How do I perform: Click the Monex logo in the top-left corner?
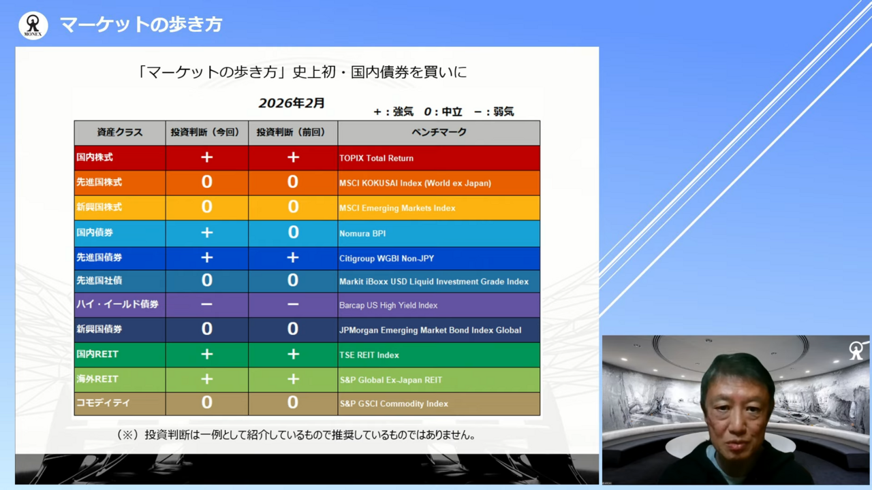[x=33, y=26]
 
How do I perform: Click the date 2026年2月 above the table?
[x=292, y=103]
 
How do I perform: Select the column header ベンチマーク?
[x=439, y=133]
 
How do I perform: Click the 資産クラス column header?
[x=119, y=133]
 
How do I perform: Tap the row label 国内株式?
[x=95, y=158]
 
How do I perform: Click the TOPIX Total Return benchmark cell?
[x=376, y=158]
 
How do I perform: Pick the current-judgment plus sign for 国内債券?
[x=206, y=233]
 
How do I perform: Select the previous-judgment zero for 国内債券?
[x=293, y=233]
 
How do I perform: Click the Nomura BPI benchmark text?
[x=362, y=233]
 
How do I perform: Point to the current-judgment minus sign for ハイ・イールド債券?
[x=206, y=305]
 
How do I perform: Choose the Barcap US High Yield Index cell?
[x=388, y=306]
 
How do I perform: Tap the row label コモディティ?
[x=103, y=403]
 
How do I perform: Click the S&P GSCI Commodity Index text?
[x=394, y=404]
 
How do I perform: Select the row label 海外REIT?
[x=97, y=379]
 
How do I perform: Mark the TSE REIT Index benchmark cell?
[x=369, y=355]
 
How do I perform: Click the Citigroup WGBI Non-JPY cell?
[x=386, y=259]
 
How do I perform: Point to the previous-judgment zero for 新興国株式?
[x=293, y=207]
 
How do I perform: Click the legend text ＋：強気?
[x=393, y=112]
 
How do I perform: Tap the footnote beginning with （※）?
[x=296, y=434]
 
